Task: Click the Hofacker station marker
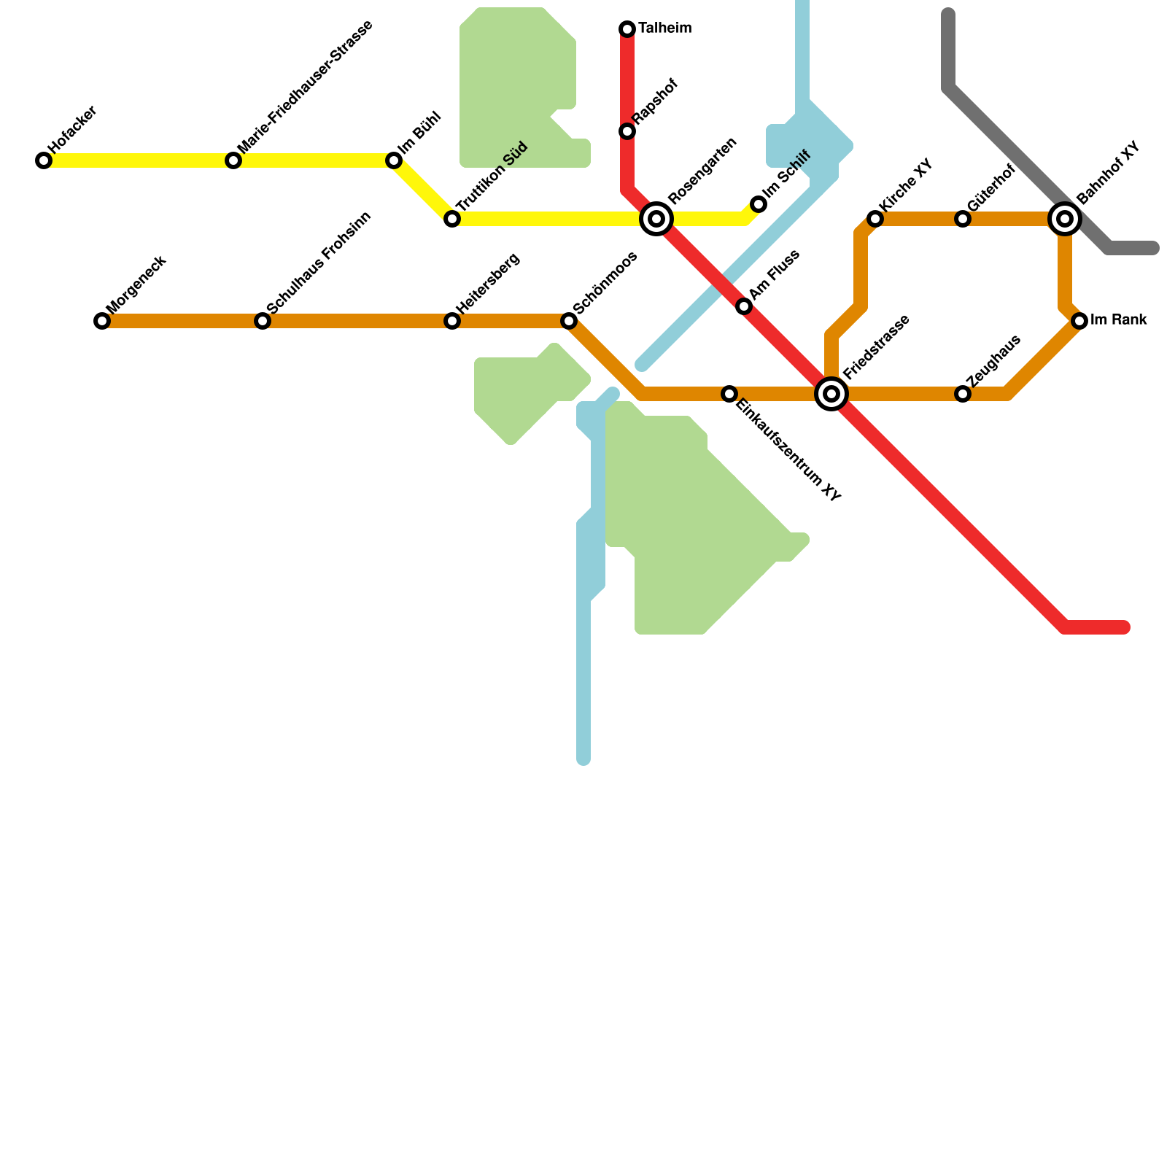44,160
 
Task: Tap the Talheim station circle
627,29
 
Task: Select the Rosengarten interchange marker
656,219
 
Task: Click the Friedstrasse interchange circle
831,394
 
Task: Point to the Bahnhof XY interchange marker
1065,218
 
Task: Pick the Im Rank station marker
1079,320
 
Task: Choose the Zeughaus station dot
963,394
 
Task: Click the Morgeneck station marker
102,321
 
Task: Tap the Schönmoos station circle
569,321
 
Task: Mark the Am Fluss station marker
744,306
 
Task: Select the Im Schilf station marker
759,204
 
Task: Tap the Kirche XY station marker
875,219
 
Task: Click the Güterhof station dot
963,219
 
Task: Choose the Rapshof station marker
627,131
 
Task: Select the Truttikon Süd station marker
452,219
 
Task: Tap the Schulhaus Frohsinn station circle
263,321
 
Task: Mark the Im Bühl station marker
394,160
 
